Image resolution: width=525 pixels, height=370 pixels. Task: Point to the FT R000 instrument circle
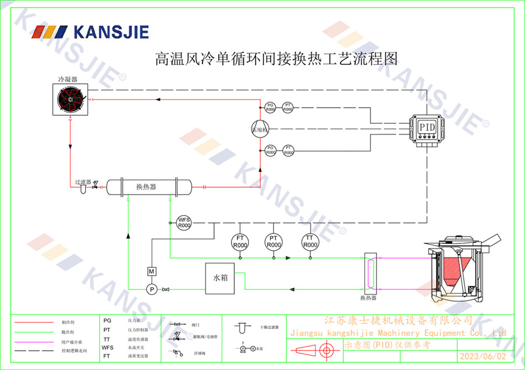(240, 242)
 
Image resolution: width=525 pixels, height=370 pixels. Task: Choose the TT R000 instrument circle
(310, 242)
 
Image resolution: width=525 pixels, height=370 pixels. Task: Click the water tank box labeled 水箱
(220, 278)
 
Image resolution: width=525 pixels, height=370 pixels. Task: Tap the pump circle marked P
(151, 289)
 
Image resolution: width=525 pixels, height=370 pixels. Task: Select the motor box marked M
(151, 271)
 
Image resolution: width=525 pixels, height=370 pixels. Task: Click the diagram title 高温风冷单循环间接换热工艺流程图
(276, 58)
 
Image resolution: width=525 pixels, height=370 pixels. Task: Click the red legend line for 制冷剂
(34, 322)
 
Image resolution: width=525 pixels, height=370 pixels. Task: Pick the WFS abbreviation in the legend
(108, 347)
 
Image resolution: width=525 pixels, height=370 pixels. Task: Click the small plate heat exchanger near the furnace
(369, 273)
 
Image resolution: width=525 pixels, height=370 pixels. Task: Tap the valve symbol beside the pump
(166, 289)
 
